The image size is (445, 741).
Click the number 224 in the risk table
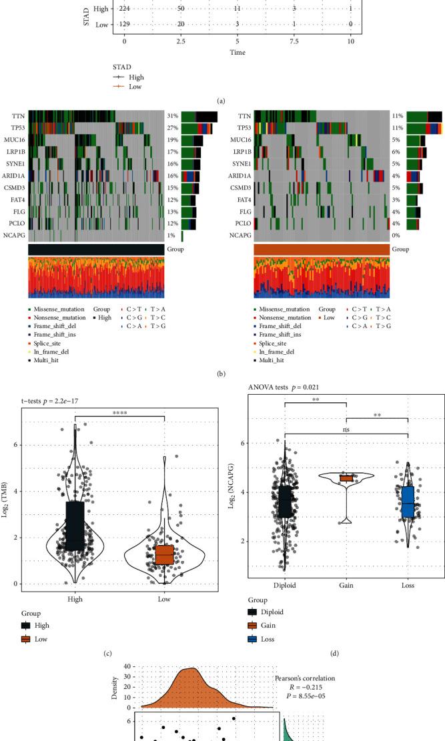(x=125, y=8)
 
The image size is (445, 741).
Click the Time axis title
(x=238, y=51)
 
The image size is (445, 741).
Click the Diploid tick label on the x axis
(x=285, y=591)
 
